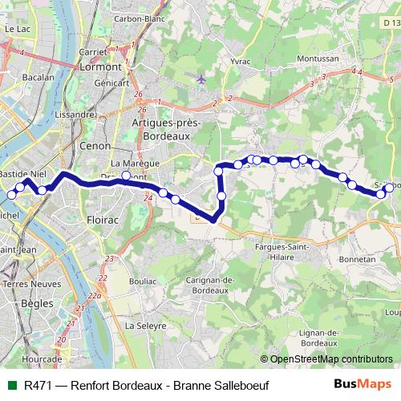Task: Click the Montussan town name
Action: tap(318, 59)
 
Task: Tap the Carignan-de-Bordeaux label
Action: tap(208, 284)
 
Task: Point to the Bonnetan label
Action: tap(358, 259)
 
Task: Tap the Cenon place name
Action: tap(95, 146)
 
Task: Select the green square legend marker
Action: tap(11, 384)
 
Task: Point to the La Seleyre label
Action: tap(144, 326)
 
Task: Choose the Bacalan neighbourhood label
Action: tap(39, 78)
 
